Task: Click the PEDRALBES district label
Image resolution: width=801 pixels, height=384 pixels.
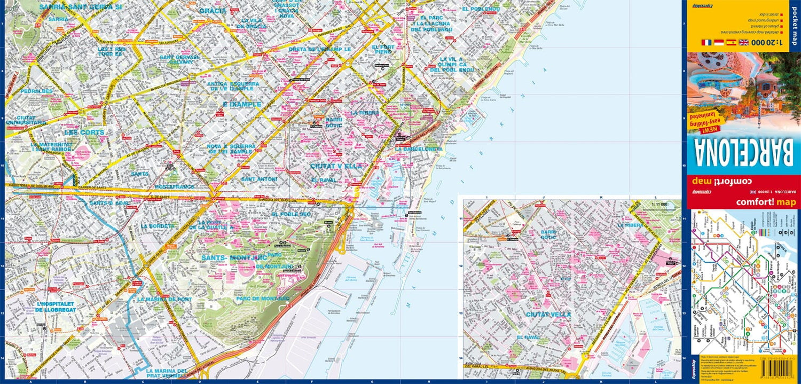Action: [x=37, y=91]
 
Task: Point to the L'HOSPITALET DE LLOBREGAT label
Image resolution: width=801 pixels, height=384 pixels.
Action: [x=55, y=307]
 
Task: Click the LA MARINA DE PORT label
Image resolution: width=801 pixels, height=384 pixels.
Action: [x=164, y=299]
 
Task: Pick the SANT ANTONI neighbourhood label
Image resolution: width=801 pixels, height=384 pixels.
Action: [x=260, y=179]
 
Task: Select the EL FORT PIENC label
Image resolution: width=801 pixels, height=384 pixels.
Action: [x=382, y=50]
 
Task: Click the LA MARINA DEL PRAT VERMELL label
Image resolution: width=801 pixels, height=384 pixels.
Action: [x=166, y=374]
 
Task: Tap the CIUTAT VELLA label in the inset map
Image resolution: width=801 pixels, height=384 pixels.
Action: [x=548, y=315]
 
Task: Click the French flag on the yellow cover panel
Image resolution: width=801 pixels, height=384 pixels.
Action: [x=706, y=42]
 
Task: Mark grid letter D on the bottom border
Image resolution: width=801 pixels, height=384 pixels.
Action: [x=200, y=381]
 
